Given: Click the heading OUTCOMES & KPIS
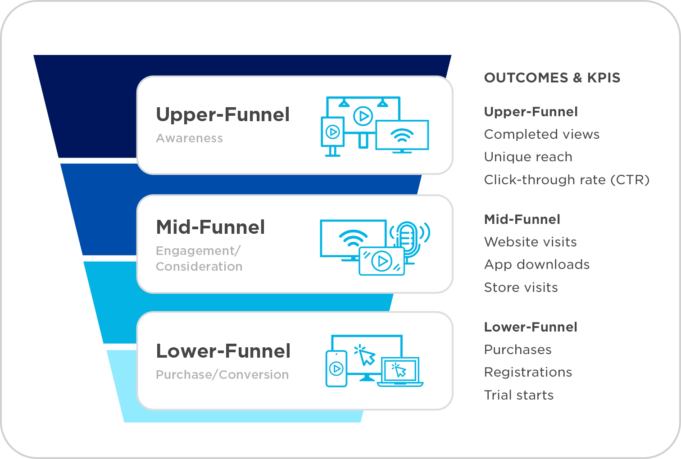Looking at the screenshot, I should pyautogui.click(x=552, y=78).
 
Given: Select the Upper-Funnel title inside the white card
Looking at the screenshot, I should pyautogui.click(x=222, y=115).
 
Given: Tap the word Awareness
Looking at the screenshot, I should pyautogui.click(x=189, y=138).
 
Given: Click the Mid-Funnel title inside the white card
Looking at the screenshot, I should pyautogui.click(x=210, y=227).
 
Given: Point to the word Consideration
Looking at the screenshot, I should pyautogui.click(x=199, y=267).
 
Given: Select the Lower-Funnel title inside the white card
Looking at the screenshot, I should pyautogui.click(x=223, y=351).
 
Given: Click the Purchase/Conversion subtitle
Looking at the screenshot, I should pyautogui.click(x=222, y=375).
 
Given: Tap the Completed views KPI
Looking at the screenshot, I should pyautogui.click(x=541, y=134).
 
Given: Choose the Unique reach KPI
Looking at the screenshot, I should pyautogui.click(x=528, y=157).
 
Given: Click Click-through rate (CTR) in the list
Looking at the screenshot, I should pyautogui.click(x=567, y=180).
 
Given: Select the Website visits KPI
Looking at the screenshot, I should pyautogui.click(x=530, y=242).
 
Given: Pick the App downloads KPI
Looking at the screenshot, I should pyautogui.click(x=536, y=264).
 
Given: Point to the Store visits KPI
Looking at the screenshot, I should pyautogui.click(x=521, y=287).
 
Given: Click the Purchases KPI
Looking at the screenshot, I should pyautogui.click(x=518, y=350).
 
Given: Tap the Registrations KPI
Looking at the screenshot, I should pyautogui.click(x=528, y=372).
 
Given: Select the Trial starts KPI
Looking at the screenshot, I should pyautogui.click(x=518, y=395).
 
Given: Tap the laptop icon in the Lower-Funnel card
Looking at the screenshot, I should pyautogui.click(x=400, y=373).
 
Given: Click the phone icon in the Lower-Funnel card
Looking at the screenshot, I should pyautogui.click(x=336, y=369).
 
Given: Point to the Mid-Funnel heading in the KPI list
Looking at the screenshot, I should pyautogui.click(x=522, y=219).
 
